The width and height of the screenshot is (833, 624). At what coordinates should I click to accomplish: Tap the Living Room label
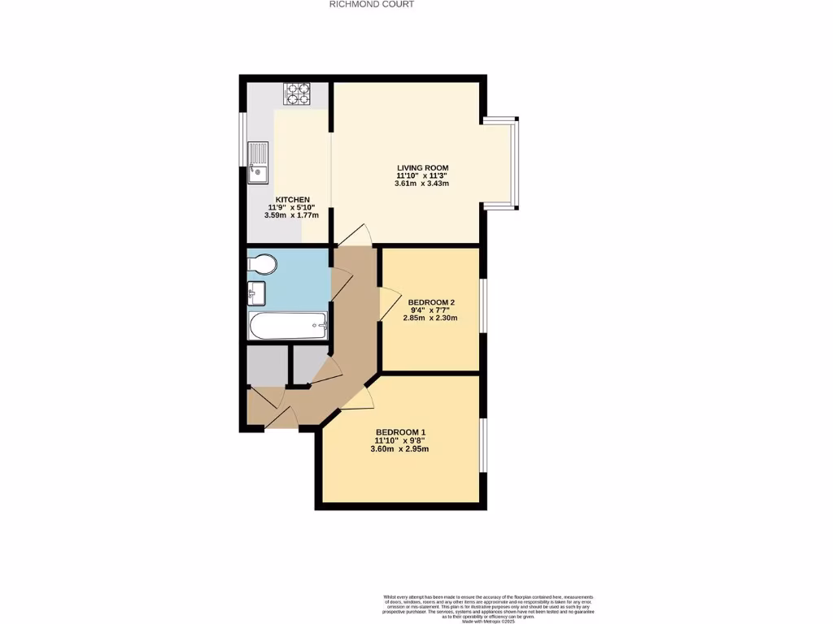422,168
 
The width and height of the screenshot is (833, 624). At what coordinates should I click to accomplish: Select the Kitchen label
292,200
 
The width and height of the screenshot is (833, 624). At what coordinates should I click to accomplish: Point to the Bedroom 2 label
430,302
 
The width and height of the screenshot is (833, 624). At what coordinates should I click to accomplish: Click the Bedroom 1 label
400,432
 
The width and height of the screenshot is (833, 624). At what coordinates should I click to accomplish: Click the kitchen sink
258,162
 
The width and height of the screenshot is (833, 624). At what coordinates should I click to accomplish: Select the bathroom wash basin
256,290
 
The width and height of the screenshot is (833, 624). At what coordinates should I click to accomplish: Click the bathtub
288,327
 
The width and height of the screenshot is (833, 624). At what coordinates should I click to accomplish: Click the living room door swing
355,235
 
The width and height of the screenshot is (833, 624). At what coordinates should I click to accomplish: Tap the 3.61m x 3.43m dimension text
422,184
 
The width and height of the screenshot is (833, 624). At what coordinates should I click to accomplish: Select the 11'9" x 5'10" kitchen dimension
292,208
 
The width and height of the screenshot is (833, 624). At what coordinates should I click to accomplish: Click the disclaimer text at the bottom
490,608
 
